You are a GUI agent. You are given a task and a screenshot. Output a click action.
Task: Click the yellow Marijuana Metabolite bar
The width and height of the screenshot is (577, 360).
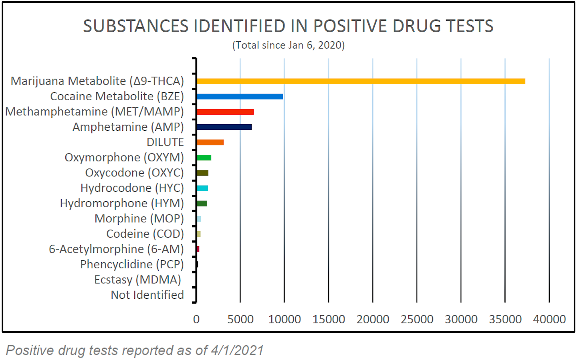361,81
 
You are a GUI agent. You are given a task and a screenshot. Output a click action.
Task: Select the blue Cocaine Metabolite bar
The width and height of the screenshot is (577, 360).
240,97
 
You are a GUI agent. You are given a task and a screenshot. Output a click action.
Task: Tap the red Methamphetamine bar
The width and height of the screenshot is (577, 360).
225,112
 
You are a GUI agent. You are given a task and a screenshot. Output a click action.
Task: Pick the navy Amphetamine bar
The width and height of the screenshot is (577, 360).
224,127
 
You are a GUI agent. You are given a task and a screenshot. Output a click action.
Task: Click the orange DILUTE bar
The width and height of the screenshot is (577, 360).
210,142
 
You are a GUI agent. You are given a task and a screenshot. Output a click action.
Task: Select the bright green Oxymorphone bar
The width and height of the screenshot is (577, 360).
204,158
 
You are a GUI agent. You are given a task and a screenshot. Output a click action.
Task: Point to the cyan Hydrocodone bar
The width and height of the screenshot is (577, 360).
202,188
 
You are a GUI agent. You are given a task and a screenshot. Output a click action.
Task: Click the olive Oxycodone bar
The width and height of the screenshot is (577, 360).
202,173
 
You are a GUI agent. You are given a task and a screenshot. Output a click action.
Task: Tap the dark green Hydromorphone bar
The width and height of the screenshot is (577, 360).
202,203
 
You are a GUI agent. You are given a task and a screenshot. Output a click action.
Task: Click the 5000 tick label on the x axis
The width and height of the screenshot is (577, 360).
240,319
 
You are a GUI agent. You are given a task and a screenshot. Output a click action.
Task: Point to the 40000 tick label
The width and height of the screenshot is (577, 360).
549,319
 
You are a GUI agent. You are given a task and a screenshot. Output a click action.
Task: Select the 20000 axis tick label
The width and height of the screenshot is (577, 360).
373,319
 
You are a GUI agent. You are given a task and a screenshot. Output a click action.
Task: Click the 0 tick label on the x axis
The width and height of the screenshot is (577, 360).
196,319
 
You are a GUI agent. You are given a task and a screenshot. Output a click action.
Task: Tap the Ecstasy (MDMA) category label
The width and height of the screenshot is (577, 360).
137,279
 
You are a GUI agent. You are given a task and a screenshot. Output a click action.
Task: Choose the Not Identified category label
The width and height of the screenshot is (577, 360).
147,295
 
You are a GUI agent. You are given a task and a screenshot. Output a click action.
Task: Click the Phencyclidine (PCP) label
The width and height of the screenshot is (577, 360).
132,264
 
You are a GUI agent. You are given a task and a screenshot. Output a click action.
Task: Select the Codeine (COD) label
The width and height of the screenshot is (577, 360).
145,234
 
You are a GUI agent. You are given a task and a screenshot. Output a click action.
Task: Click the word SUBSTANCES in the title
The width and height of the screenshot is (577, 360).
135,26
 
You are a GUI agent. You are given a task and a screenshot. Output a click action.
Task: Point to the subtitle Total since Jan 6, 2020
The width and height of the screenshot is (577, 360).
288,45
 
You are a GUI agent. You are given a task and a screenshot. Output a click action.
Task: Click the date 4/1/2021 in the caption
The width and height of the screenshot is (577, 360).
237,350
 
